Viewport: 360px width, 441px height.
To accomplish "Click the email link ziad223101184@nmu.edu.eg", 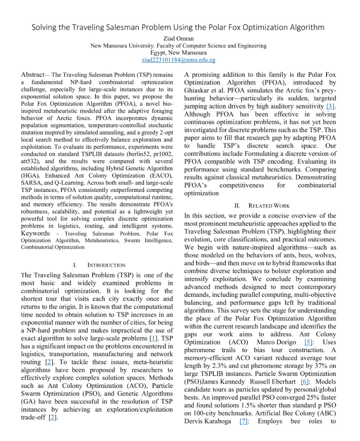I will (x=179, y=60).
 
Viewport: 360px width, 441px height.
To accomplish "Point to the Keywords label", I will (x=35, y=234).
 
